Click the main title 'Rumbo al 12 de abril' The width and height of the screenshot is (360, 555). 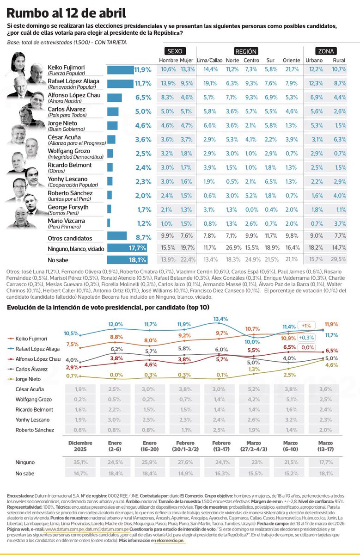67,12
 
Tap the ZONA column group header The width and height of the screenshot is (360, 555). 326,51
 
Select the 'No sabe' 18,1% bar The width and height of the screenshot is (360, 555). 120,260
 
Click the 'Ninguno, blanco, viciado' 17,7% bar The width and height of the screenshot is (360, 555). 120,248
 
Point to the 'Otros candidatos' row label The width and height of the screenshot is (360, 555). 67,238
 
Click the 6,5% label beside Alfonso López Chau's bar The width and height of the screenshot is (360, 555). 143,98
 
